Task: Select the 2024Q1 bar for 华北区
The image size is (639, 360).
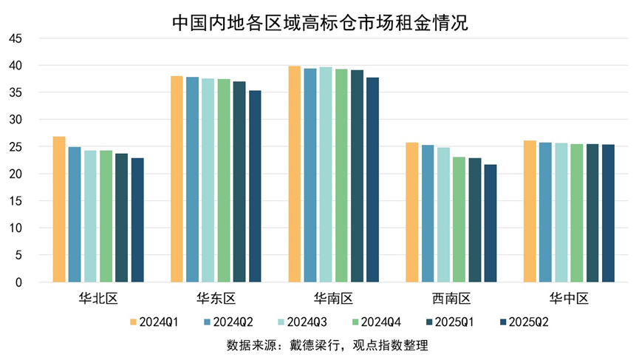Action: point(59,210)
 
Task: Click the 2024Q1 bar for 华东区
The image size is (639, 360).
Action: point(177,180)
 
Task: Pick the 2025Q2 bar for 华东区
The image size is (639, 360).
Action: point(255,186)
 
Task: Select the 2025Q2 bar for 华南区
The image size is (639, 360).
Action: point(372,180)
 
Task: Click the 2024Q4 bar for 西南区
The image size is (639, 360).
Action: point(459,220)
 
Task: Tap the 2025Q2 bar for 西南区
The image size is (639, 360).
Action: point(491,223)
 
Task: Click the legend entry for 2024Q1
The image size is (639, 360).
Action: point(152,322)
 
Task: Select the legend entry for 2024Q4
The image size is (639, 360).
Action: point(376,322)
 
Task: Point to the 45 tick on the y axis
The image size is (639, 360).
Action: point(16,38)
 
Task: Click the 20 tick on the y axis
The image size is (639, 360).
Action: point(16,174)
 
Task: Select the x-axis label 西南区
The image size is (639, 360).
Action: point(451,299)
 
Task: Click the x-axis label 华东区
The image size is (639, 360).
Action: point(216,299)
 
